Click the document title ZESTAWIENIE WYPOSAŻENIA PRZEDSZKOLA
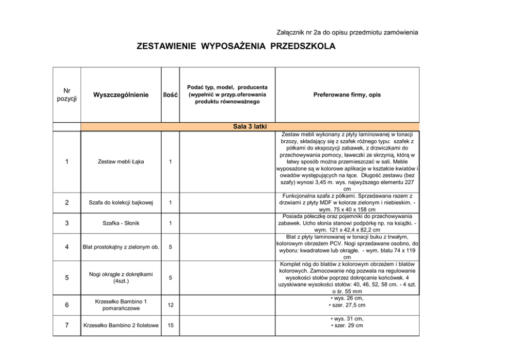coord(236,47)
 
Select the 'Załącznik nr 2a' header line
coord(347,32)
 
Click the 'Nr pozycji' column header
coord(67,94)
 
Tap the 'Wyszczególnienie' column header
coord(121,95)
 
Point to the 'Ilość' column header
coord(170,95)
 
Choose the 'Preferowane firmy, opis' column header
coord(347,95)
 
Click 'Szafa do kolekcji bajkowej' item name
coord(121,203)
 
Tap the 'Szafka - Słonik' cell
coord(121,223)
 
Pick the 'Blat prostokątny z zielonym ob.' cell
coord(121,247)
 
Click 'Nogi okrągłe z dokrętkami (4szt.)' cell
coord(121,278)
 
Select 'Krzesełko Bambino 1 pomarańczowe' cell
coord(121,305)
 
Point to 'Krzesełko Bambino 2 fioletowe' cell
coord(121,325)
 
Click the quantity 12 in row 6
coord(170,306)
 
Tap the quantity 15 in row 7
coord(170,325)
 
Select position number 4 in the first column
coord(67,247)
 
